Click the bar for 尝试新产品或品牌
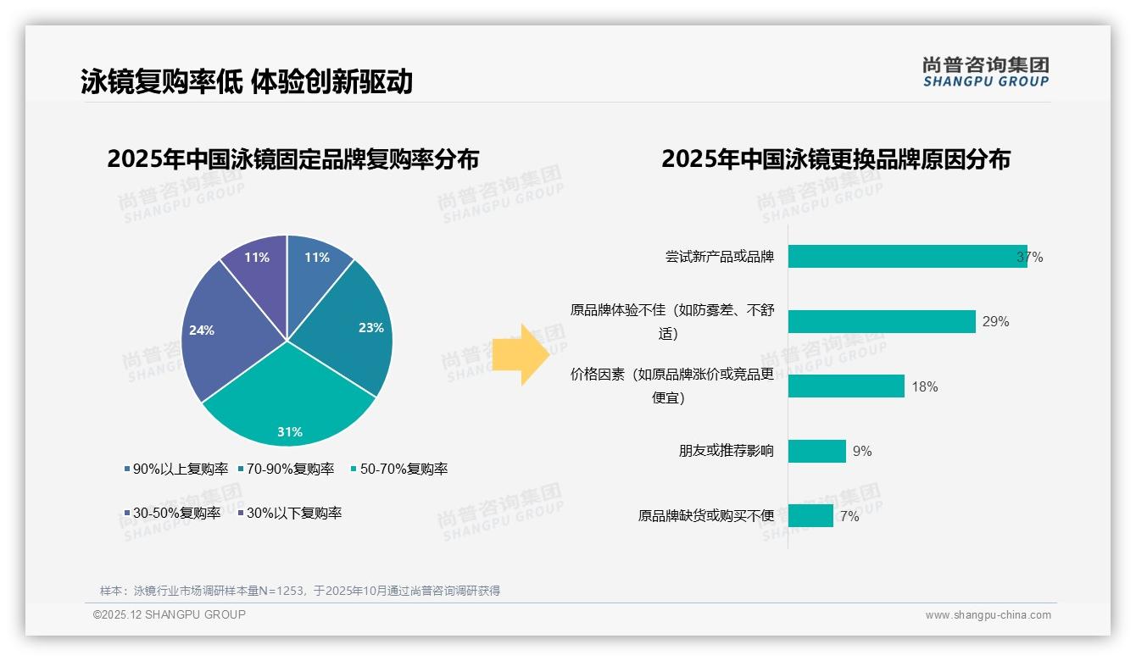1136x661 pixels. coord(907,257)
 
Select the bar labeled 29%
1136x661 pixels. coord(882,321)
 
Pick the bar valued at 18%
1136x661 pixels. coord(846,386)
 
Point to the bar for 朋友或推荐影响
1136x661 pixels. coord(817,451)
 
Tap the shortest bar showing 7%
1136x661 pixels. coord(810,515)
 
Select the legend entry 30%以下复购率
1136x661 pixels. coord(293,513)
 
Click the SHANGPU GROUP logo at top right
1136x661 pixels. coord(985,72)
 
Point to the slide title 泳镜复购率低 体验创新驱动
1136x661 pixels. coord(247,81)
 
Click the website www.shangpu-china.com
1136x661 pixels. coord(988,615)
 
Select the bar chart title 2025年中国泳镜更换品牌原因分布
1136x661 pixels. coord(835,159)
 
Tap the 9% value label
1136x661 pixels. coord(862,451)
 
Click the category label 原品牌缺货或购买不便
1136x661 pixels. coord(706,515)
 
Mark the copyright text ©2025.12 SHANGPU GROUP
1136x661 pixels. coord(170,614)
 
